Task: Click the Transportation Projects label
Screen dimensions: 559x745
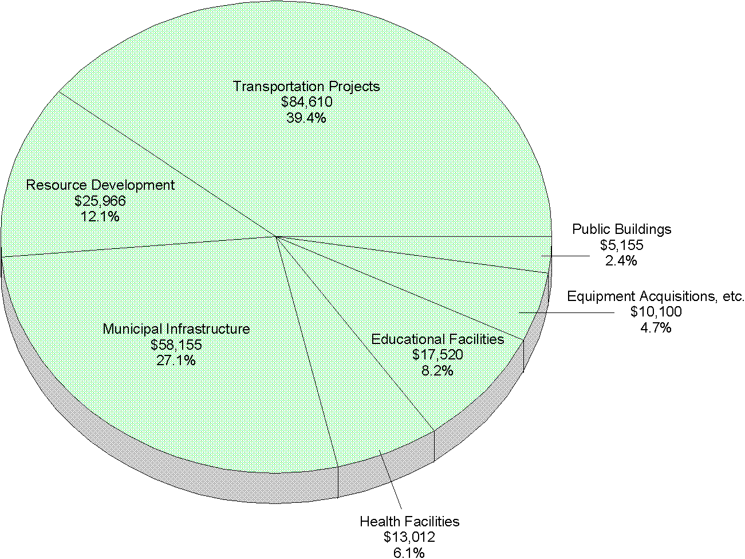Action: pos(306,87)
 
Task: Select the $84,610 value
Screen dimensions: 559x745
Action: pos(306,102)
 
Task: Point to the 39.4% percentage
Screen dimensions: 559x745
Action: pos(306,118)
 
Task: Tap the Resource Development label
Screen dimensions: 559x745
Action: pos(100,185)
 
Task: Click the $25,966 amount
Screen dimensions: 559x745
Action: pos(100,201)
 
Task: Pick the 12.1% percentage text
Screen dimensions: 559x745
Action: pos(100,217)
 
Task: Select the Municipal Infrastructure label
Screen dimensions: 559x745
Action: pos(176,329)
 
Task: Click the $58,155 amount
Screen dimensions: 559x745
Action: pos(176,345)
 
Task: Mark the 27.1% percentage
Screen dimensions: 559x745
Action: pos(176,360)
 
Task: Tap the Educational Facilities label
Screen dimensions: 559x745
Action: pos(437,339)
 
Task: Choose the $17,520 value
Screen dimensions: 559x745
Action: pos(437,355)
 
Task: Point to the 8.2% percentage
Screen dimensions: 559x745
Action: pos(437,370)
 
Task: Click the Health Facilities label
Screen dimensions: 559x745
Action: pos(409,522)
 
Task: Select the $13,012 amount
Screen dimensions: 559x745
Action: pos(409,537)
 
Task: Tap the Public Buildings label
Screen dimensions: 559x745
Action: pos(622,229)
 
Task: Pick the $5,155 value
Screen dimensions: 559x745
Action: pos(622,245)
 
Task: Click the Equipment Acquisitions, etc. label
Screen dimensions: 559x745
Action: pos(656,296)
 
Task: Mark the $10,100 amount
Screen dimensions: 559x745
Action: pos(656,312)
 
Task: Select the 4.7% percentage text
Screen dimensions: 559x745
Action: pos(656,328)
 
